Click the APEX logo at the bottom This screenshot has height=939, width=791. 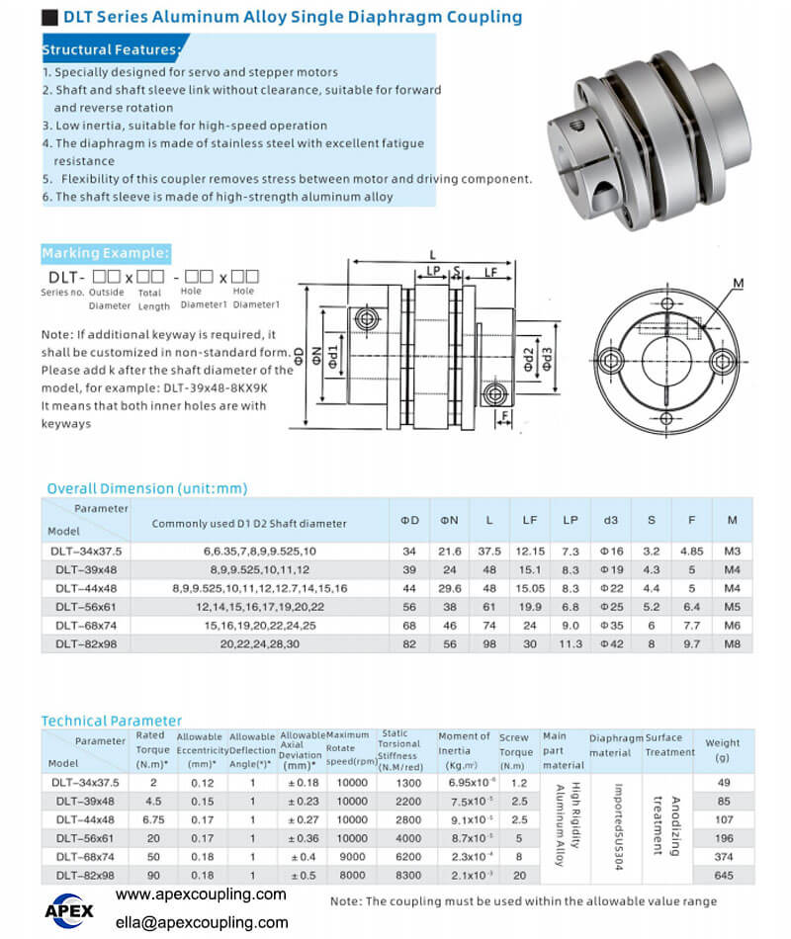click(x=69, y=911)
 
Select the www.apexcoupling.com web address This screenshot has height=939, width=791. click(x=201, y=895)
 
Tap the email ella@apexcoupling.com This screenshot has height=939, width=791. click(x=202, y=923)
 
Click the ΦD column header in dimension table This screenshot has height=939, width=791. click(x=410, y=520)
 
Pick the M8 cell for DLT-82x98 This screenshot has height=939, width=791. click(x=733, y=644)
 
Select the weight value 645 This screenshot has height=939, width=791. click(x=724, y=876)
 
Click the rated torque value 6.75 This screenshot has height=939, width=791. click(x=153, y=819)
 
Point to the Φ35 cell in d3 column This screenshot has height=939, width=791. click(x=612, y=626)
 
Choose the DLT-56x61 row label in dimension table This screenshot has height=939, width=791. click(x=86, y=607)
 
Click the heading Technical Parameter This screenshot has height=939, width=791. click(x=112, y=721)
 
